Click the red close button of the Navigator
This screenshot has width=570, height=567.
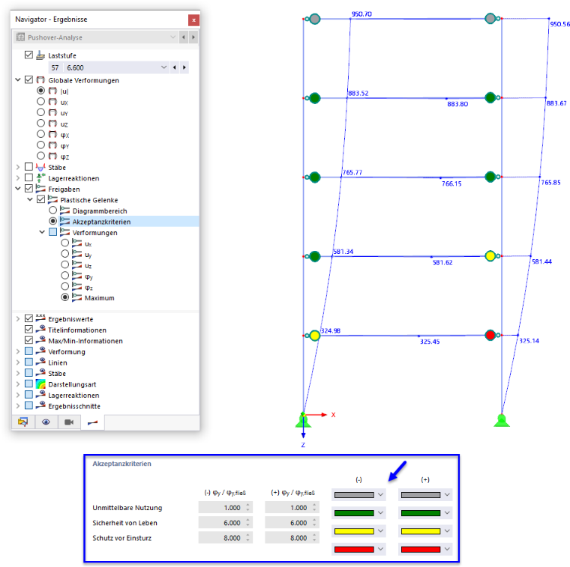(193, 20)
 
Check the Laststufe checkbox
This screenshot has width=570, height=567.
(28, 55)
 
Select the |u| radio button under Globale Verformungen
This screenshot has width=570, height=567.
(40, 91)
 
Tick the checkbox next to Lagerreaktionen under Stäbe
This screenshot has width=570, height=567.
(28, 178)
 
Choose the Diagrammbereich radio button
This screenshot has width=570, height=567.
(52, 210)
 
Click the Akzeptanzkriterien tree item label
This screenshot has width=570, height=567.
(101, 222)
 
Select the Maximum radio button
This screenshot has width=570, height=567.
(64, 297)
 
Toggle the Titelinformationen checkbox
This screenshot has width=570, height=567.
(28, 330)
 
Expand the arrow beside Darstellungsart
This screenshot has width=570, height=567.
(18, 384)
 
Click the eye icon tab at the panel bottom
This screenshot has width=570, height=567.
(46, 422)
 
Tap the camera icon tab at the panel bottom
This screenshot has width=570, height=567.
(69, 422)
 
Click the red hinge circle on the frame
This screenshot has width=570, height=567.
(490, 335)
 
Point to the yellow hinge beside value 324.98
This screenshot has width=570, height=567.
(315, 336)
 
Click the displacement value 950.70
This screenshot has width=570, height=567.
(361, 14)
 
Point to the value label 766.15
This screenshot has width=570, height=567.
(451, 184)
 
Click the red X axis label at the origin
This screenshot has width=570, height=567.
(333, 414)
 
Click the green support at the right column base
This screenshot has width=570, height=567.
(502, 420)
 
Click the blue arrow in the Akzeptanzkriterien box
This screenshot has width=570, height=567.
(397, 471)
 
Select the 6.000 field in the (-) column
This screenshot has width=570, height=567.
(226, 523)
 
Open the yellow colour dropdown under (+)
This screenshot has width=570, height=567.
(425, 531)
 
